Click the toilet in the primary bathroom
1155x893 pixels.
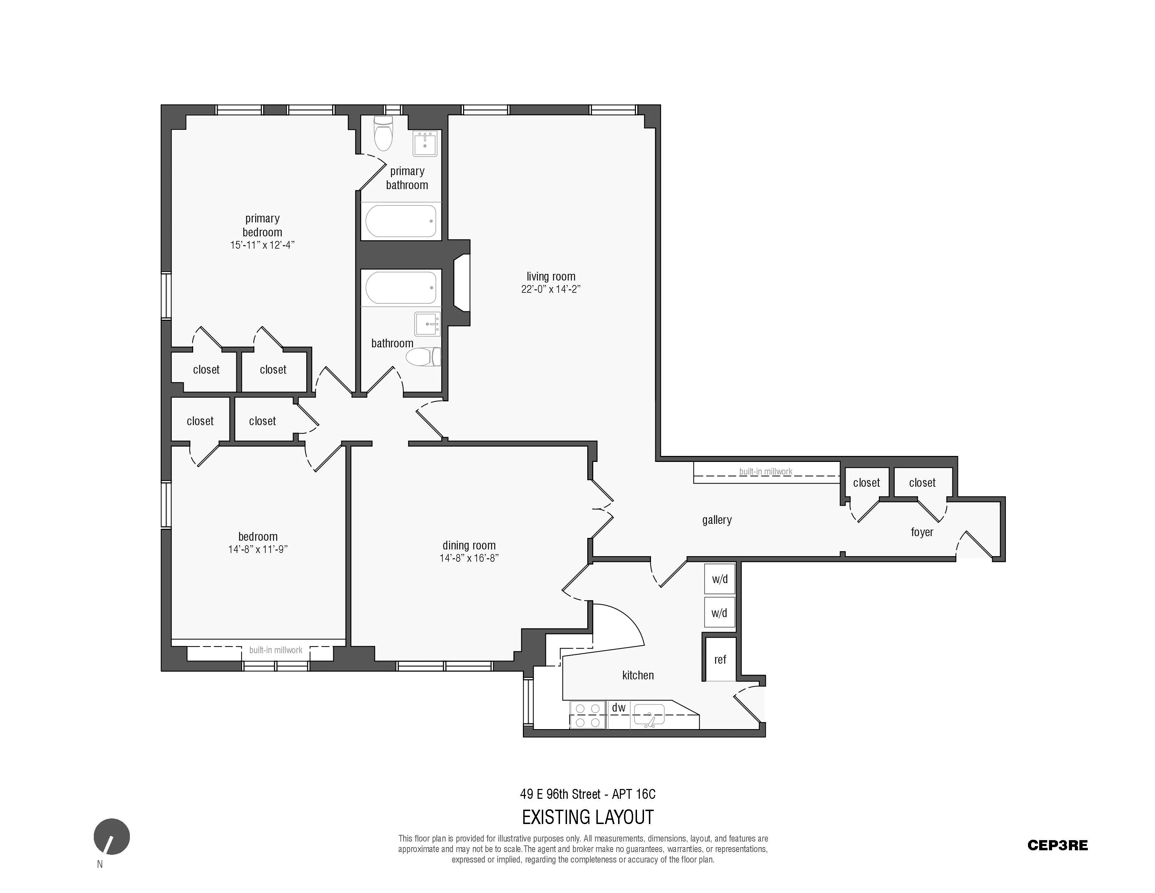pos(383,134)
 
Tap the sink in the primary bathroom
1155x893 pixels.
pos(425,144)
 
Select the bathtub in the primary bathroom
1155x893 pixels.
pos(401,221)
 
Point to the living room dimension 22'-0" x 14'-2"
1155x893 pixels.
pos(551,289)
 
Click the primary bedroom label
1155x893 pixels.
pos(262,226)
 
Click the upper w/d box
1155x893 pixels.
pos(719,579)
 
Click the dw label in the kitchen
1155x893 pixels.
pos(618,707)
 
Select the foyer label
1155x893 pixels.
pos(922,532)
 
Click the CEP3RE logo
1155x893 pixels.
pos(1057,845)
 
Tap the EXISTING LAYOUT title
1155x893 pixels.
pos(588,817)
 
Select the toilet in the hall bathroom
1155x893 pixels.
pos(423,356)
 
